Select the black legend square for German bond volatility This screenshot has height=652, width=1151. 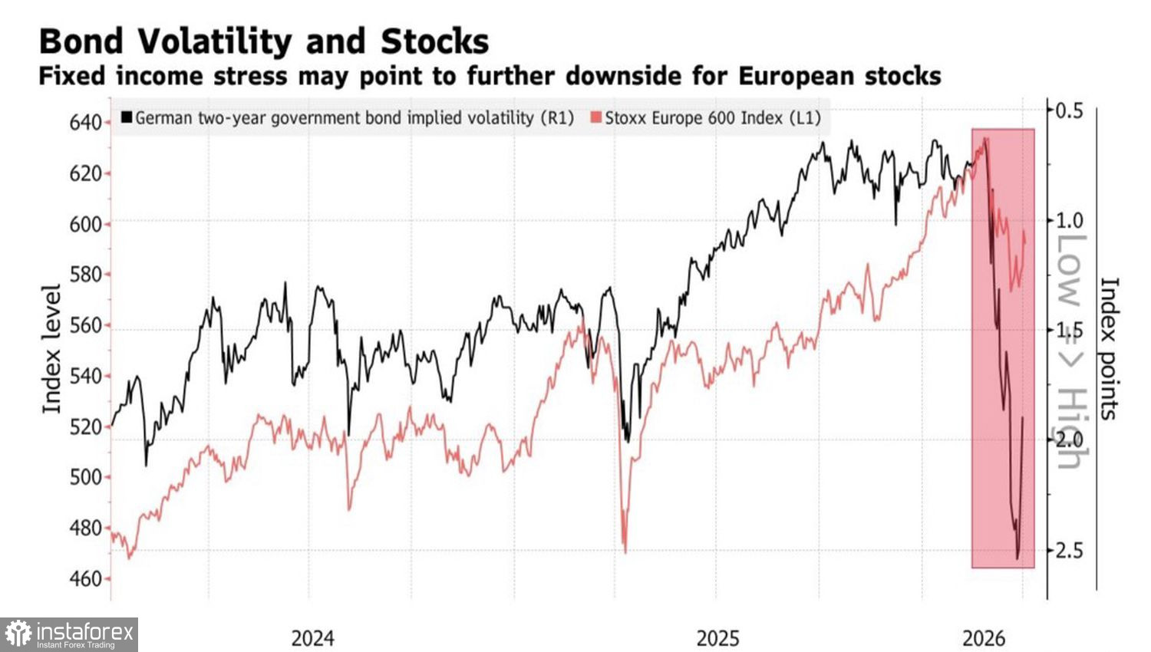point(127,118)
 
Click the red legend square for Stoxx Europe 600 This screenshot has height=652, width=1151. point(595,118)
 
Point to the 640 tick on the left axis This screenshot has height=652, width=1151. point(85,123)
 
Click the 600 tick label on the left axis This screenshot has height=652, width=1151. point(85,224)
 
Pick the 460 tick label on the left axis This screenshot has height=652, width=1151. point(85,578)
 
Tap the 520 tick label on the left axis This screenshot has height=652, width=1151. point(85,426)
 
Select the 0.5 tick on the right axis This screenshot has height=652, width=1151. point(1069,110)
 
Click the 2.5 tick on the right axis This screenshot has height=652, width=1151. point(1069,551)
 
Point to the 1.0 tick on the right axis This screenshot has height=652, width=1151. point(1069,221)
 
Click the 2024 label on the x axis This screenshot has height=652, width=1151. point(312,638)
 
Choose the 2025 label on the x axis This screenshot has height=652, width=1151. point(717,638)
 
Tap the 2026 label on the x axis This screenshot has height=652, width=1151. point(984,638)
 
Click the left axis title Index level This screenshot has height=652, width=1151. point(51,349)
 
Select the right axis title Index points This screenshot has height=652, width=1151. point(1110,349)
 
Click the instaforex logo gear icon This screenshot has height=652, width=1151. point(18,634)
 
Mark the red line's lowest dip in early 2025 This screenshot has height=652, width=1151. point(625,551)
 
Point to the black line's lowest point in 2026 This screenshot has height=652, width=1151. point(1018,558)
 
